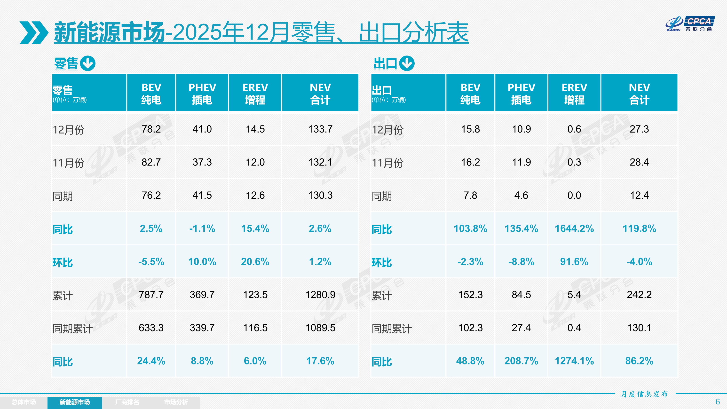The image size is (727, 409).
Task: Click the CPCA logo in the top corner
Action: tap(690, 24)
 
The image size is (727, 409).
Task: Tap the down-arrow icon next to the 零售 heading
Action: tap(87, 63)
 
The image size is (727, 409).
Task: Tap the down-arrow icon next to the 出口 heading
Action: tap(407, 63)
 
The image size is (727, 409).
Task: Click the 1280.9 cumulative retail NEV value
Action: tap(320, 295)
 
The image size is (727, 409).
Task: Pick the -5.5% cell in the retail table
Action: tap(151, 262)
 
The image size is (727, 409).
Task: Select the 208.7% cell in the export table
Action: tap(521, 361)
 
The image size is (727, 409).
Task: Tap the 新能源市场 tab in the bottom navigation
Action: tap(74, 402)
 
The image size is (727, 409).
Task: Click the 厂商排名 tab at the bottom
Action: tap(127, 402)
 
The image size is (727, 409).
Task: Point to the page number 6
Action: tap(717, 402)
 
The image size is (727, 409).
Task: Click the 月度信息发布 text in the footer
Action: tap(644, 394)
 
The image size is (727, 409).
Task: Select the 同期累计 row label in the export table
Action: tap(392, 329)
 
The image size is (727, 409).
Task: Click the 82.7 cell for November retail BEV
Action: tap(151, 162)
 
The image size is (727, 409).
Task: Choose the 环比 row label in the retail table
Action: tap(63, 262)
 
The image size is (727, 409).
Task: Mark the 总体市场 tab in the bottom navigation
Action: tap(24, 402)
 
